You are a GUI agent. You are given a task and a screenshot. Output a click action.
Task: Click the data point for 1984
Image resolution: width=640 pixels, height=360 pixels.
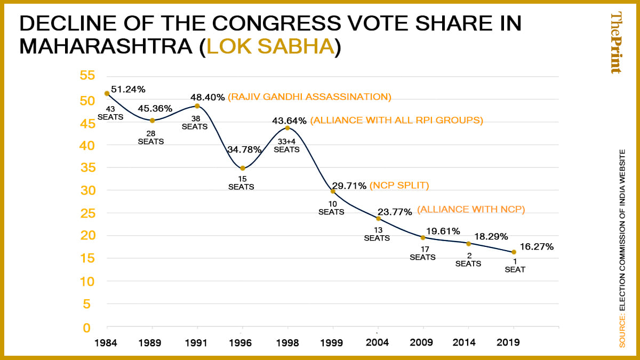[107, 93]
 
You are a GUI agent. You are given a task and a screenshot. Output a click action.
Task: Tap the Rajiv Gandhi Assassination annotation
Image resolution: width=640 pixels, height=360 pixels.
[310, 97]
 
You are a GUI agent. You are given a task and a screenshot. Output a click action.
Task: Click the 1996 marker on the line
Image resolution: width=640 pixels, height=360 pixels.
[243, 168]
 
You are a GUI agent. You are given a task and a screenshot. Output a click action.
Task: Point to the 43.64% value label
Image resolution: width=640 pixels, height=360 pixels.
[289, 121]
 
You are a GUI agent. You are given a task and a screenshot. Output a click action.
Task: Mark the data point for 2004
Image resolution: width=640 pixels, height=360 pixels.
[378, 218]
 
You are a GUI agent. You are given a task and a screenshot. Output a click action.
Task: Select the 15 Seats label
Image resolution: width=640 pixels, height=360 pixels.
[241, 183]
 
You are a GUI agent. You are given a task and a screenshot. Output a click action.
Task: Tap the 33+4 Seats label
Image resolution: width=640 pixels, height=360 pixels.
[287, 146]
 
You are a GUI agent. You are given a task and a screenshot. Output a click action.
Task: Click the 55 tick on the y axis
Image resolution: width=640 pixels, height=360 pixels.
[87, 76]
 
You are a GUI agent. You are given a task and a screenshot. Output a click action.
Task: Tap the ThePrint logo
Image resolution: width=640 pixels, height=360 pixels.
[615, 43]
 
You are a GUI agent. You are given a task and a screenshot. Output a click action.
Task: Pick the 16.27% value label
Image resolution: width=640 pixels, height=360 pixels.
[537, 246]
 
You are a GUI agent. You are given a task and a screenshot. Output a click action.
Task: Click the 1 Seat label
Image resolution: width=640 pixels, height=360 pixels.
[515, 266]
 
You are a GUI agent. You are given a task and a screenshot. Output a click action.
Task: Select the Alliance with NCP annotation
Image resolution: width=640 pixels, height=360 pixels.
[471, 210]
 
